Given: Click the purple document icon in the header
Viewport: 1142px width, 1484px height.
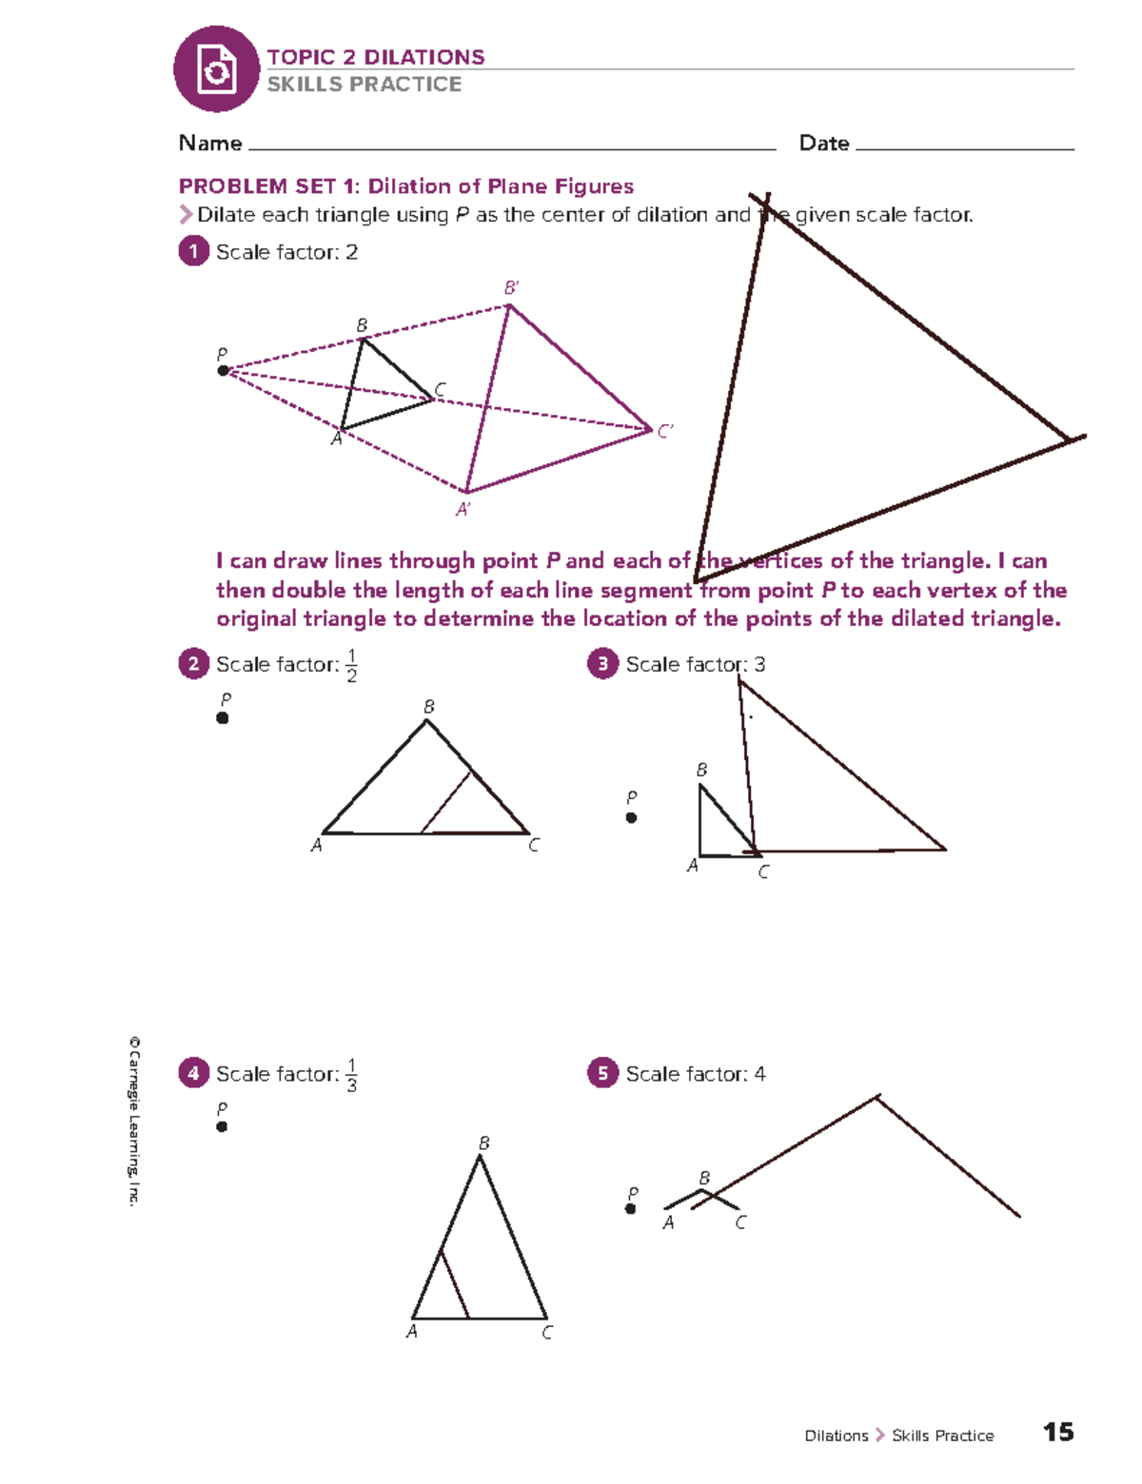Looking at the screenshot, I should click(216, 69).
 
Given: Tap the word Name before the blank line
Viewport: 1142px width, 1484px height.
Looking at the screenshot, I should click(210, 144).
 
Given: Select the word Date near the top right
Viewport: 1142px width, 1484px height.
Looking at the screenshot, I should click(824, 144).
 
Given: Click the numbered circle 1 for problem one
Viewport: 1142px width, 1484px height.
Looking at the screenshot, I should click(193, 251).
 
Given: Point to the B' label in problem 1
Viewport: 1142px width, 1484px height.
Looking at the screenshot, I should click(511, 287).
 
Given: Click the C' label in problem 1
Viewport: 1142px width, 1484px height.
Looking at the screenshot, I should click(665, 431).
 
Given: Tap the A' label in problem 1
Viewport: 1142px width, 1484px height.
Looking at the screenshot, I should click(463, 510).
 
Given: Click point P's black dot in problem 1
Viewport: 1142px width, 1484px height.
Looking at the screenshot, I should click(223, 371).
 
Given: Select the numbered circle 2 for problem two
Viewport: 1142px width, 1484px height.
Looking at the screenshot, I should click(193, 663).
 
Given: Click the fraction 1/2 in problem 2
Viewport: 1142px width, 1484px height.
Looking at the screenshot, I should click(351, 665).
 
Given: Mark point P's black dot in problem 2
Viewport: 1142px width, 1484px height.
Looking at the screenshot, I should click(223, 718).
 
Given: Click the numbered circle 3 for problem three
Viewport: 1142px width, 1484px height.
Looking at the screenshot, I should click(602, 663).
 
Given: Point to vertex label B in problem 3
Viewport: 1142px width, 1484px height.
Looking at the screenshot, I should click(701, 770).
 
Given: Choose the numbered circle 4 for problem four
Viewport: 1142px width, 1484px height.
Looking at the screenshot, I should click(193, 1073).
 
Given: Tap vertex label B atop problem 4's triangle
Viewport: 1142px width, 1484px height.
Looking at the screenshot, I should click(483, 1142).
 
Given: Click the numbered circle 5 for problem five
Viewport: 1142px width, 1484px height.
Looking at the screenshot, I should click(602, 1073).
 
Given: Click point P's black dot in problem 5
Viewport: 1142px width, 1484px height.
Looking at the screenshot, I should click(630, 1209).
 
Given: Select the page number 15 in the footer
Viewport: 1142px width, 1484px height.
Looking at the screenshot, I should click(1058, 1433).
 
